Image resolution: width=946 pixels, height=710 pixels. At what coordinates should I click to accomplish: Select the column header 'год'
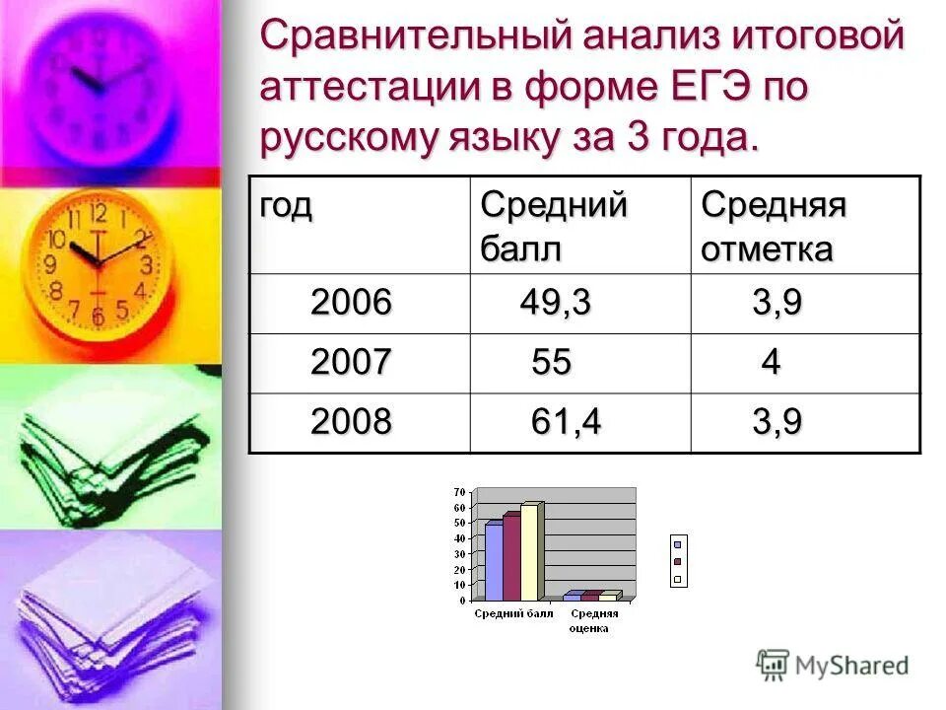tap(286, 206)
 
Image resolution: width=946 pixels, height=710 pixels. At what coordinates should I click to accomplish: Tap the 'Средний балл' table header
tap(553, 226)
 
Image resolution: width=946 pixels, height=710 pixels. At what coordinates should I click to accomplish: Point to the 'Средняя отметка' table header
tap(775, 226)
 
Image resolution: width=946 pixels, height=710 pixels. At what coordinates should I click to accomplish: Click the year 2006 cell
tap(351, 303)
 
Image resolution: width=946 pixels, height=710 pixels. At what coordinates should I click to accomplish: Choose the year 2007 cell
tap(351, 363)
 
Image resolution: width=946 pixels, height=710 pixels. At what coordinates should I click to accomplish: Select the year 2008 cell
tap(351, 422)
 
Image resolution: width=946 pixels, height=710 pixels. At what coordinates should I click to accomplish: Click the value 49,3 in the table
tap(556, 303)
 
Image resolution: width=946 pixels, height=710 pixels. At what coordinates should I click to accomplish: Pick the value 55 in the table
tap(551, 363)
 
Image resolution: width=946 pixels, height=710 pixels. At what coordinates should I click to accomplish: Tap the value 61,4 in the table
tap(566, 422)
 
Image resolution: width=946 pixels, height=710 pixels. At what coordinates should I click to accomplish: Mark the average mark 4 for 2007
tap(771, 363)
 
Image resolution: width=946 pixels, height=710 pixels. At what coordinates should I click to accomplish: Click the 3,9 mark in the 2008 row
tap(777, 422)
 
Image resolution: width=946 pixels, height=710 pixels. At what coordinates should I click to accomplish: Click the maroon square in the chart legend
tap(677, 561)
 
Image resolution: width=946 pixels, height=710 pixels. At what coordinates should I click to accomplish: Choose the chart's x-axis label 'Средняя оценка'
tap(594, 620)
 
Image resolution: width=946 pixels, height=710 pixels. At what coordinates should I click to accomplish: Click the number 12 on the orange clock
tap(98, 213)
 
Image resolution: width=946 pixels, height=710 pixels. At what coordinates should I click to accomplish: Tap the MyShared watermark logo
tap(833, 665)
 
